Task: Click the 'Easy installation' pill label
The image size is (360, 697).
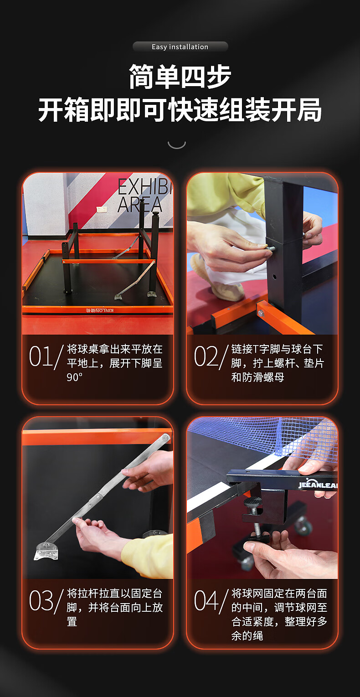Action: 180,46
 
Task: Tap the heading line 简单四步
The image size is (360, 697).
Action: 180,77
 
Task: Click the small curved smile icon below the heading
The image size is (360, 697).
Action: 177,145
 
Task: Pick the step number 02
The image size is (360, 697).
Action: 206,356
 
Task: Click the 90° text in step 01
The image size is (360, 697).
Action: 75,377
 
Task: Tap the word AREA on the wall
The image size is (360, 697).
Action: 140,204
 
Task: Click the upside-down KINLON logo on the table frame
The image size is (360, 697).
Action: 99,310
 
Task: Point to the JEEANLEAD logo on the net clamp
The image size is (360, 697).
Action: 317,485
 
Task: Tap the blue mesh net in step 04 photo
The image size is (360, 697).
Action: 264,436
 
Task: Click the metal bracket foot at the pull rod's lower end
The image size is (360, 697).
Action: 46,550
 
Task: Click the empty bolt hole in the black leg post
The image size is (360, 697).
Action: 274,276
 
